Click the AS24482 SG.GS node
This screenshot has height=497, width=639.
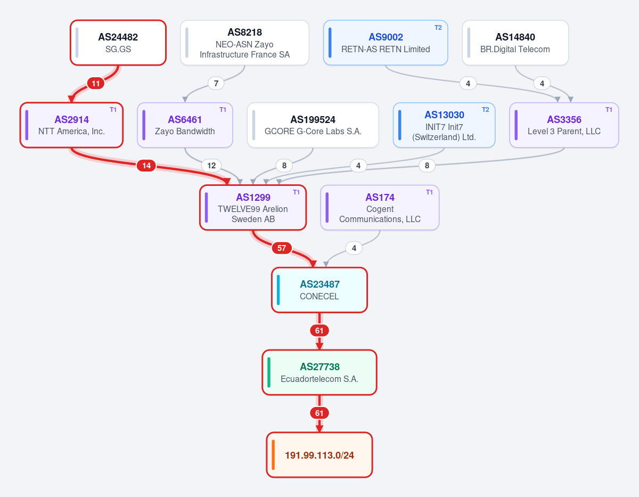pos(118,43)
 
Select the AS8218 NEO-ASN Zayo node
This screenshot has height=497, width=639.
pos(244,43)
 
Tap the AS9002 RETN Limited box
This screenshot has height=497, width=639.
pos(385,43)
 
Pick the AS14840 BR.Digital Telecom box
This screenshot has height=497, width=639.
pos(515,43)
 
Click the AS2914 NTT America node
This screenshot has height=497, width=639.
pos(71,125)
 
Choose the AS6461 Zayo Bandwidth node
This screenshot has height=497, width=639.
pos(185,125)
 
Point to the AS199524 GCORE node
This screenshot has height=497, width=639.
pos(313,125)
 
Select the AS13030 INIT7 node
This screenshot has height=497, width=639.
pos(444,125)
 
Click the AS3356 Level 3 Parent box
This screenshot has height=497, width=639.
pos(564,125)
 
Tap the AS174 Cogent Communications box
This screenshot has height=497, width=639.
pos(379,207)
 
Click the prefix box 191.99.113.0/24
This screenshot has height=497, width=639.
pos(319,455)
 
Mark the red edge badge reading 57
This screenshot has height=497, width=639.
pos(281,248)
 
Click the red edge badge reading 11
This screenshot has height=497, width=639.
pos(95,84)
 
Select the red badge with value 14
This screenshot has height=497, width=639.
pos(146,166)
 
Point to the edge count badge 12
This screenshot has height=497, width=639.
pos(211,166)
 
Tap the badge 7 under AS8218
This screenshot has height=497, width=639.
pos(216,84)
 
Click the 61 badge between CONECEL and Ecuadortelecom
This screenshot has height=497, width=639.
pos(319,331)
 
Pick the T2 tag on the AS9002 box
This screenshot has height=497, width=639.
pos(438,28)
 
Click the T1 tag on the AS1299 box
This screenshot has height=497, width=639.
pos(296,192)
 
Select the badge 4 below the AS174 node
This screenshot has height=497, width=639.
pos(354,248)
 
